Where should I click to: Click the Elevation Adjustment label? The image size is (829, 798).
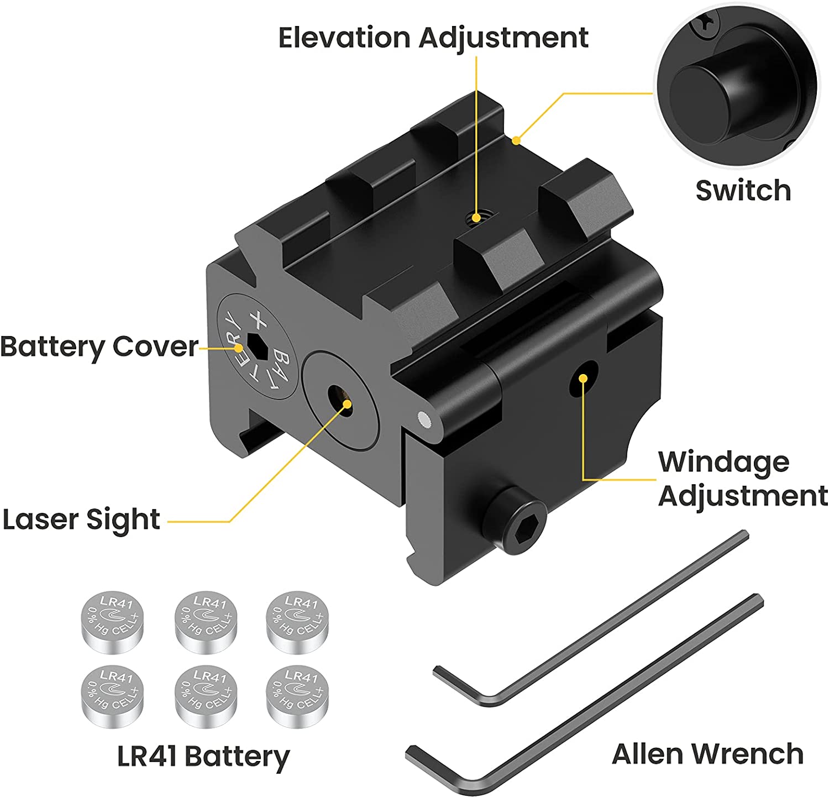tap(433, 38)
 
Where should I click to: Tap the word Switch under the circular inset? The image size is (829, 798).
tap(743, 191)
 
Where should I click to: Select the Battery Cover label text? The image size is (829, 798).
tap(99, 347)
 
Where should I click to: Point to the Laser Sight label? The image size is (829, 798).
tap(81, 520)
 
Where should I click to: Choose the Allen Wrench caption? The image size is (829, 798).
tap(707, 754)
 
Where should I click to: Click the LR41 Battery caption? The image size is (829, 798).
tap(203, 757)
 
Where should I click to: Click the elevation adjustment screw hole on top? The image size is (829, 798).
tap(474, 217)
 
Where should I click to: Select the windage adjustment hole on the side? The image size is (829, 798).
tap(584, 378)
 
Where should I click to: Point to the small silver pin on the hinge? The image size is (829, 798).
tap(424, 421)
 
